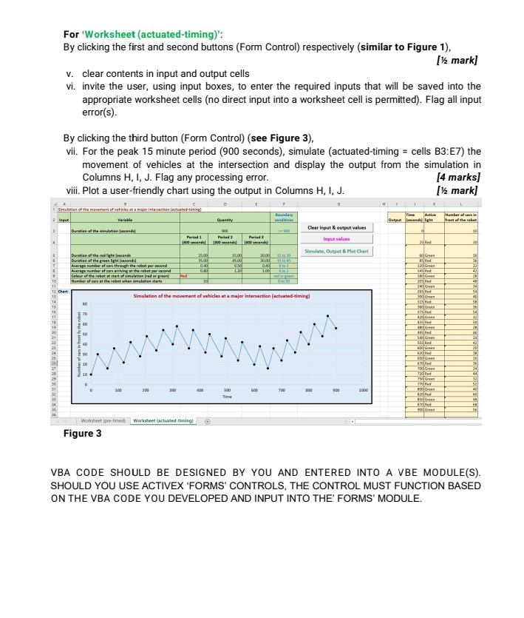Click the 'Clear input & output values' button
pos(338,228)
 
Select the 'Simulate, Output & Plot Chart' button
pos(338,251)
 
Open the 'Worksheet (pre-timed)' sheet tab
pos(102,420)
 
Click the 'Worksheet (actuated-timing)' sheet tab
pos(163,420)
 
